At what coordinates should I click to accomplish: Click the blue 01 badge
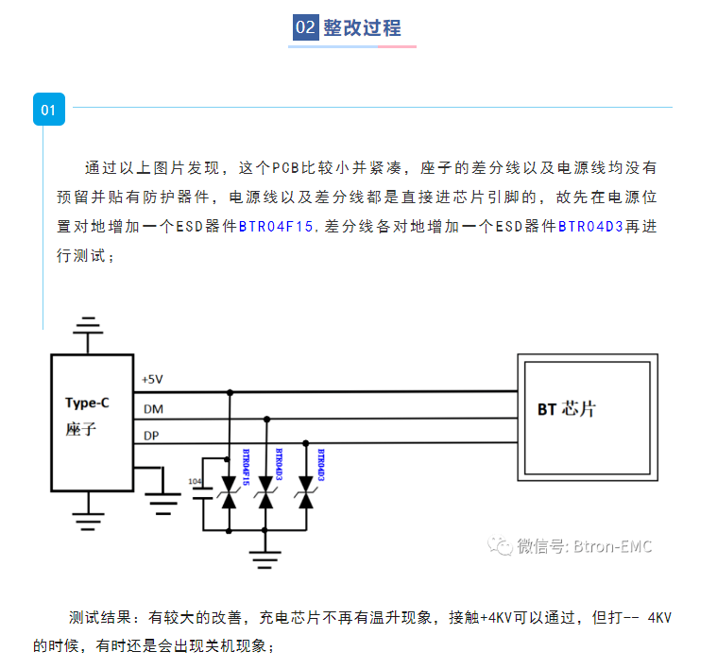[49, 110]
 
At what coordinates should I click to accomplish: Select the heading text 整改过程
[363, 27]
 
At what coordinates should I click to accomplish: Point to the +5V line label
[152, 379]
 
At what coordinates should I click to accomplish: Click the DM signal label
[151, 408]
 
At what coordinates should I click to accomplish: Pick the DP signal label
[151, 436]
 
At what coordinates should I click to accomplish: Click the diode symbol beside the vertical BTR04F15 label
[229, 497]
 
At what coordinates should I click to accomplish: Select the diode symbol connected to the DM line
[266, 497]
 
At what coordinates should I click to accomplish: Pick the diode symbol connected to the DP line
[305, 497]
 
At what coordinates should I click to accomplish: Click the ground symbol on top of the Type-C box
[89, 328]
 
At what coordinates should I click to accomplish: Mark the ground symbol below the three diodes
[266, 555]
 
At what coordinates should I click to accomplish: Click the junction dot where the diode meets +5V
[229, 390]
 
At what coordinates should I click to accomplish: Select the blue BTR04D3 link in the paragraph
[589, 227]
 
